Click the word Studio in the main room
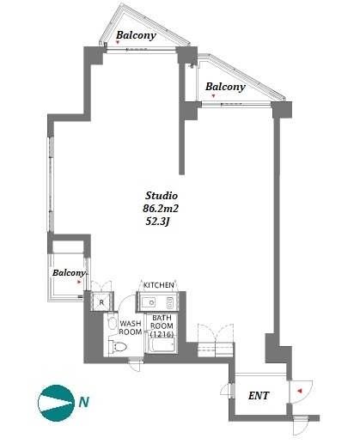[x=162, y=196]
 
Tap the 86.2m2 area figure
[x=161, y=209]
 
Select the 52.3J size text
[x=156, y=222]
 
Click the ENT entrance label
[x=259, y=396]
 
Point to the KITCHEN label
[x=159, y=285]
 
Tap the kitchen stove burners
[x=170, y=302]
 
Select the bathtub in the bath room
[x=162, y=345]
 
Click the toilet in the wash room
[x=118, y=347]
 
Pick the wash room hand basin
[x=112, y=323]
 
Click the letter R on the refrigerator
[x=101, y=302]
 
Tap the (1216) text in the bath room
[x=162, y=334]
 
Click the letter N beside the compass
[x=84, y=402]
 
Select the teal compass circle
[x=55, y=403]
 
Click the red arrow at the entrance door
[x=300, y=391]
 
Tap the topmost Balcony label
[x=136, y=35]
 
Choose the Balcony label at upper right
[x=225, y=87]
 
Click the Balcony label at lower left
[x=69, y=272]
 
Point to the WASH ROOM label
[x=131, y=328]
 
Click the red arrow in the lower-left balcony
[x=79, y=282]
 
